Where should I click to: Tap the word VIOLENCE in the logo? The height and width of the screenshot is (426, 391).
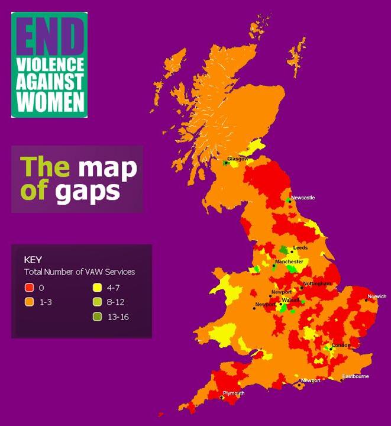pyautogui.click(x=49, y=64)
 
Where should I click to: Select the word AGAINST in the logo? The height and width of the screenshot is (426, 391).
pyautogui.click(x=49, y=82)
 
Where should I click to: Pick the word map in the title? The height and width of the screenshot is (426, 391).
pyautogui.click(x=104, y=167)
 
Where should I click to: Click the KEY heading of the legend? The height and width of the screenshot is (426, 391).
pyautogui.click(x=33, y=259)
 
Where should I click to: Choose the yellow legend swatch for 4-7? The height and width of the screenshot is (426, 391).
pyautogui.click(x=97, y=288)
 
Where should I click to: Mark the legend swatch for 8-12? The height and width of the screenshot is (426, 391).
pyautogui.click(x=97, y=302)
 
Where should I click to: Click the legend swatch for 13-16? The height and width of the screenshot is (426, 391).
pyautogui.click(x=97, y=317)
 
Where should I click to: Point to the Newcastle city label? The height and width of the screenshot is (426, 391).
pyautogui.click(x=303, y=198)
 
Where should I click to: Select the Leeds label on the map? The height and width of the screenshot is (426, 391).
pyautogui.click(x=300, y=247)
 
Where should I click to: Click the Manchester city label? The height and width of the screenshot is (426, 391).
pyautogui.click(x=289, y=262)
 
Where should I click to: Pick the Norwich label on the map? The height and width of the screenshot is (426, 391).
pyautogui.click(x=377, y=296)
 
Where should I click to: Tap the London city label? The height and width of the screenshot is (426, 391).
pyautogui.click(x=341, y=345)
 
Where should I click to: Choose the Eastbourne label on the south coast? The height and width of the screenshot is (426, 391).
pyautogui.click(x=356, y=376)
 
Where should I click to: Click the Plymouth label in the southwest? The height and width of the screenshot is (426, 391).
pyautogui.click(x=234, y=393)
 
